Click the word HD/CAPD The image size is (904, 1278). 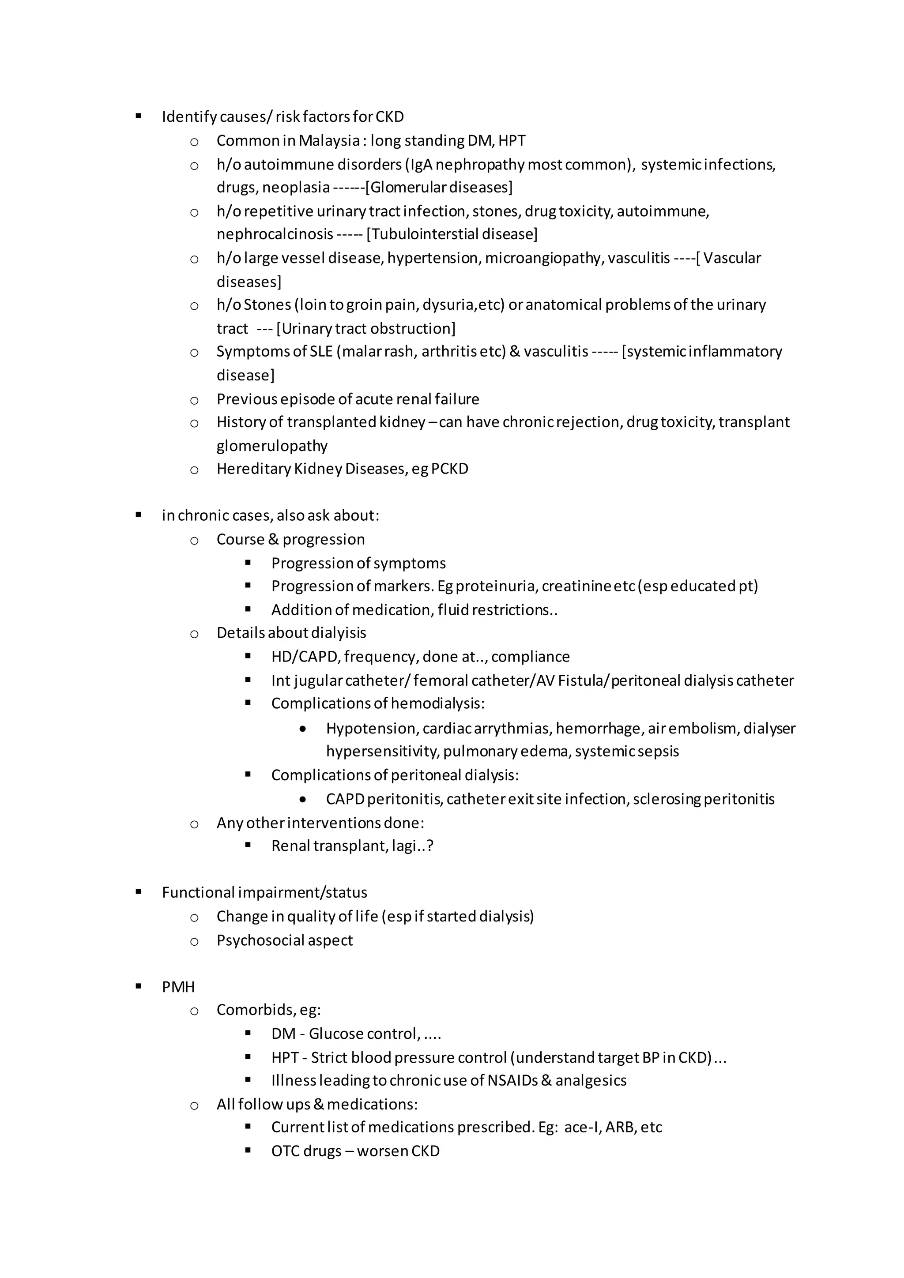click(305, 657)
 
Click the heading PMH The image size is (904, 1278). click(178, 987)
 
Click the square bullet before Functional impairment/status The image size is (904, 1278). click(138, 892)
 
